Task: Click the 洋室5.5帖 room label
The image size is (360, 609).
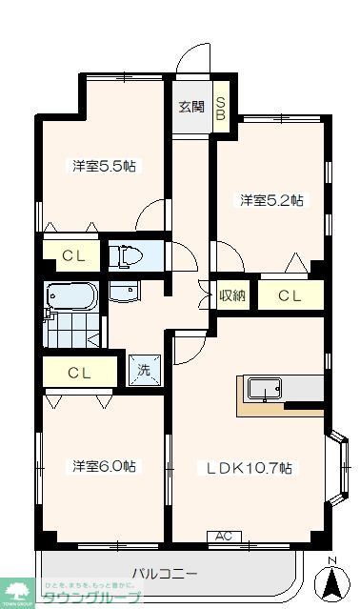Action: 104,166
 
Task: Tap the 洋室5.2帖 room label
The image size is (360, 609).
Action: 271,200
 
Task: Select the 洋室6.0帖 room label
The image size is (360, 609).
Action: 104,466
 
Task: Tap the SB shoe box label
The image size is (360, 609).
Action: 220,106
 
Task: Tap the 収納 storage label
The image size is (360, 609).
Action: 233,295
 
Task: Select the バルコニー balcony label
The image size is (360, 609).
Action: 164,575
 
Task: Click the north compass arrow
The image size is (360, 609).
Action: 331,580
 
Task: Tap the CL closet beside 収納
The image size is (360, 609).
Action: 290,295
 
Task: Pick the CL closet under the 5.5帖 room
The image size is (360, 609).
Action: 72,255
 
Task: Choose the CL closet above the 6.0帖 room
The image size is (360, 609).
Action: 80,372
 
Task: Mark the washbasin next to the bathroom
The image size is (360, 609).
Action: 124,290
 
